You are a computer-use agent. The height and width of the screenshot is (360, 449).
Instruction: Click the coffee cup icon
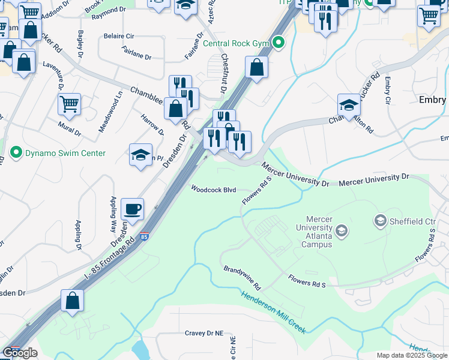[133, 209]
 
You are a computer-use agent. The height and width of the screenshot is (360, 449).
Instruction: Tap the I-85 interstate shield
[144, 238]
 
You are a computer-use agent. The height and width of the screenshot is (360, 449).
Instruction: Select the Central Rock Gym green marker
[277, 43]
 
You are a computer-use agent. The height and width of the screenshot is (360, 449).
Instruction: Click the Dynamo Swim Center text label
[65, 154]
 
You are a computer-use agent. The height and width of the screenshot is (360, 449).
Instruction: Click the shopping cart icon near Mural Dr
[69, 104]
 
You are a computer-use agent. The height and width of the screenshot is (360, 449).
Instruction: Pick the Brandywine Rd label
[242, 277]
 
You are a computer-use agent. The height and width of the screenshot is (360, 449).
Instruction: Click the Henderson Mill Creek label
[273, 312]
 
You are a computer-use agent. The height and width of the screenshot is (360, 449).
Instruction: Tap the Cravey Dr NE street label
[203, 333]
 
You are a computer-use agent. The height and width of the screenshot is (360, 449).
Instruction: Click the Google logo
[20, 353]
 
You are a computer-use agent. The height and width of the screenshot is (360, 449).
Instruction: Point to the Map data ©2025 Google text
[411, 355]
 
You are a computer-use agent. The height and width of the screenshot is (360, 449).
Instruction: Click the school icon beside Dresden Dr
[140, 155]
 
